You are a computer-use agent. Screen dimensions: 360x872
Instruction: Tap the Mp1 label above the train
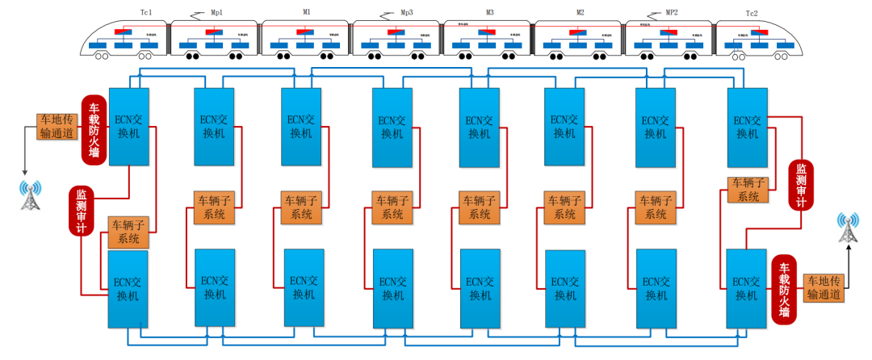point(218,14)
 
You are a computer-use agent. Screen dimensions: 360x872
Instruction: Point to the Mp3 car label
point(406,14)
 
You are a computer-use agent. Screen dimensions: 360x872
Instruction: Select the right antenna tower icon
point(848,228)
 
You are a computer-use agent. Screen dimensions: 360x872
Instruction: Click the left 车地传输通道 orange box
point(57,127)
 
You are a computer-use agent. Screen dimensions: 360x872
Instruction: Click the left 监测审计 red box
point(82,211)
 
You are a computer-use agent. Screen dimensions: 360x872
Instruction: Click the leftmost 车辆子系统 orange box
point(128,232)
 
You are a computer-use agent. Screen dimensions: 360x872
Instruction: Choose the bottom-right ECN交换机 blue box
point(746,288)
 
